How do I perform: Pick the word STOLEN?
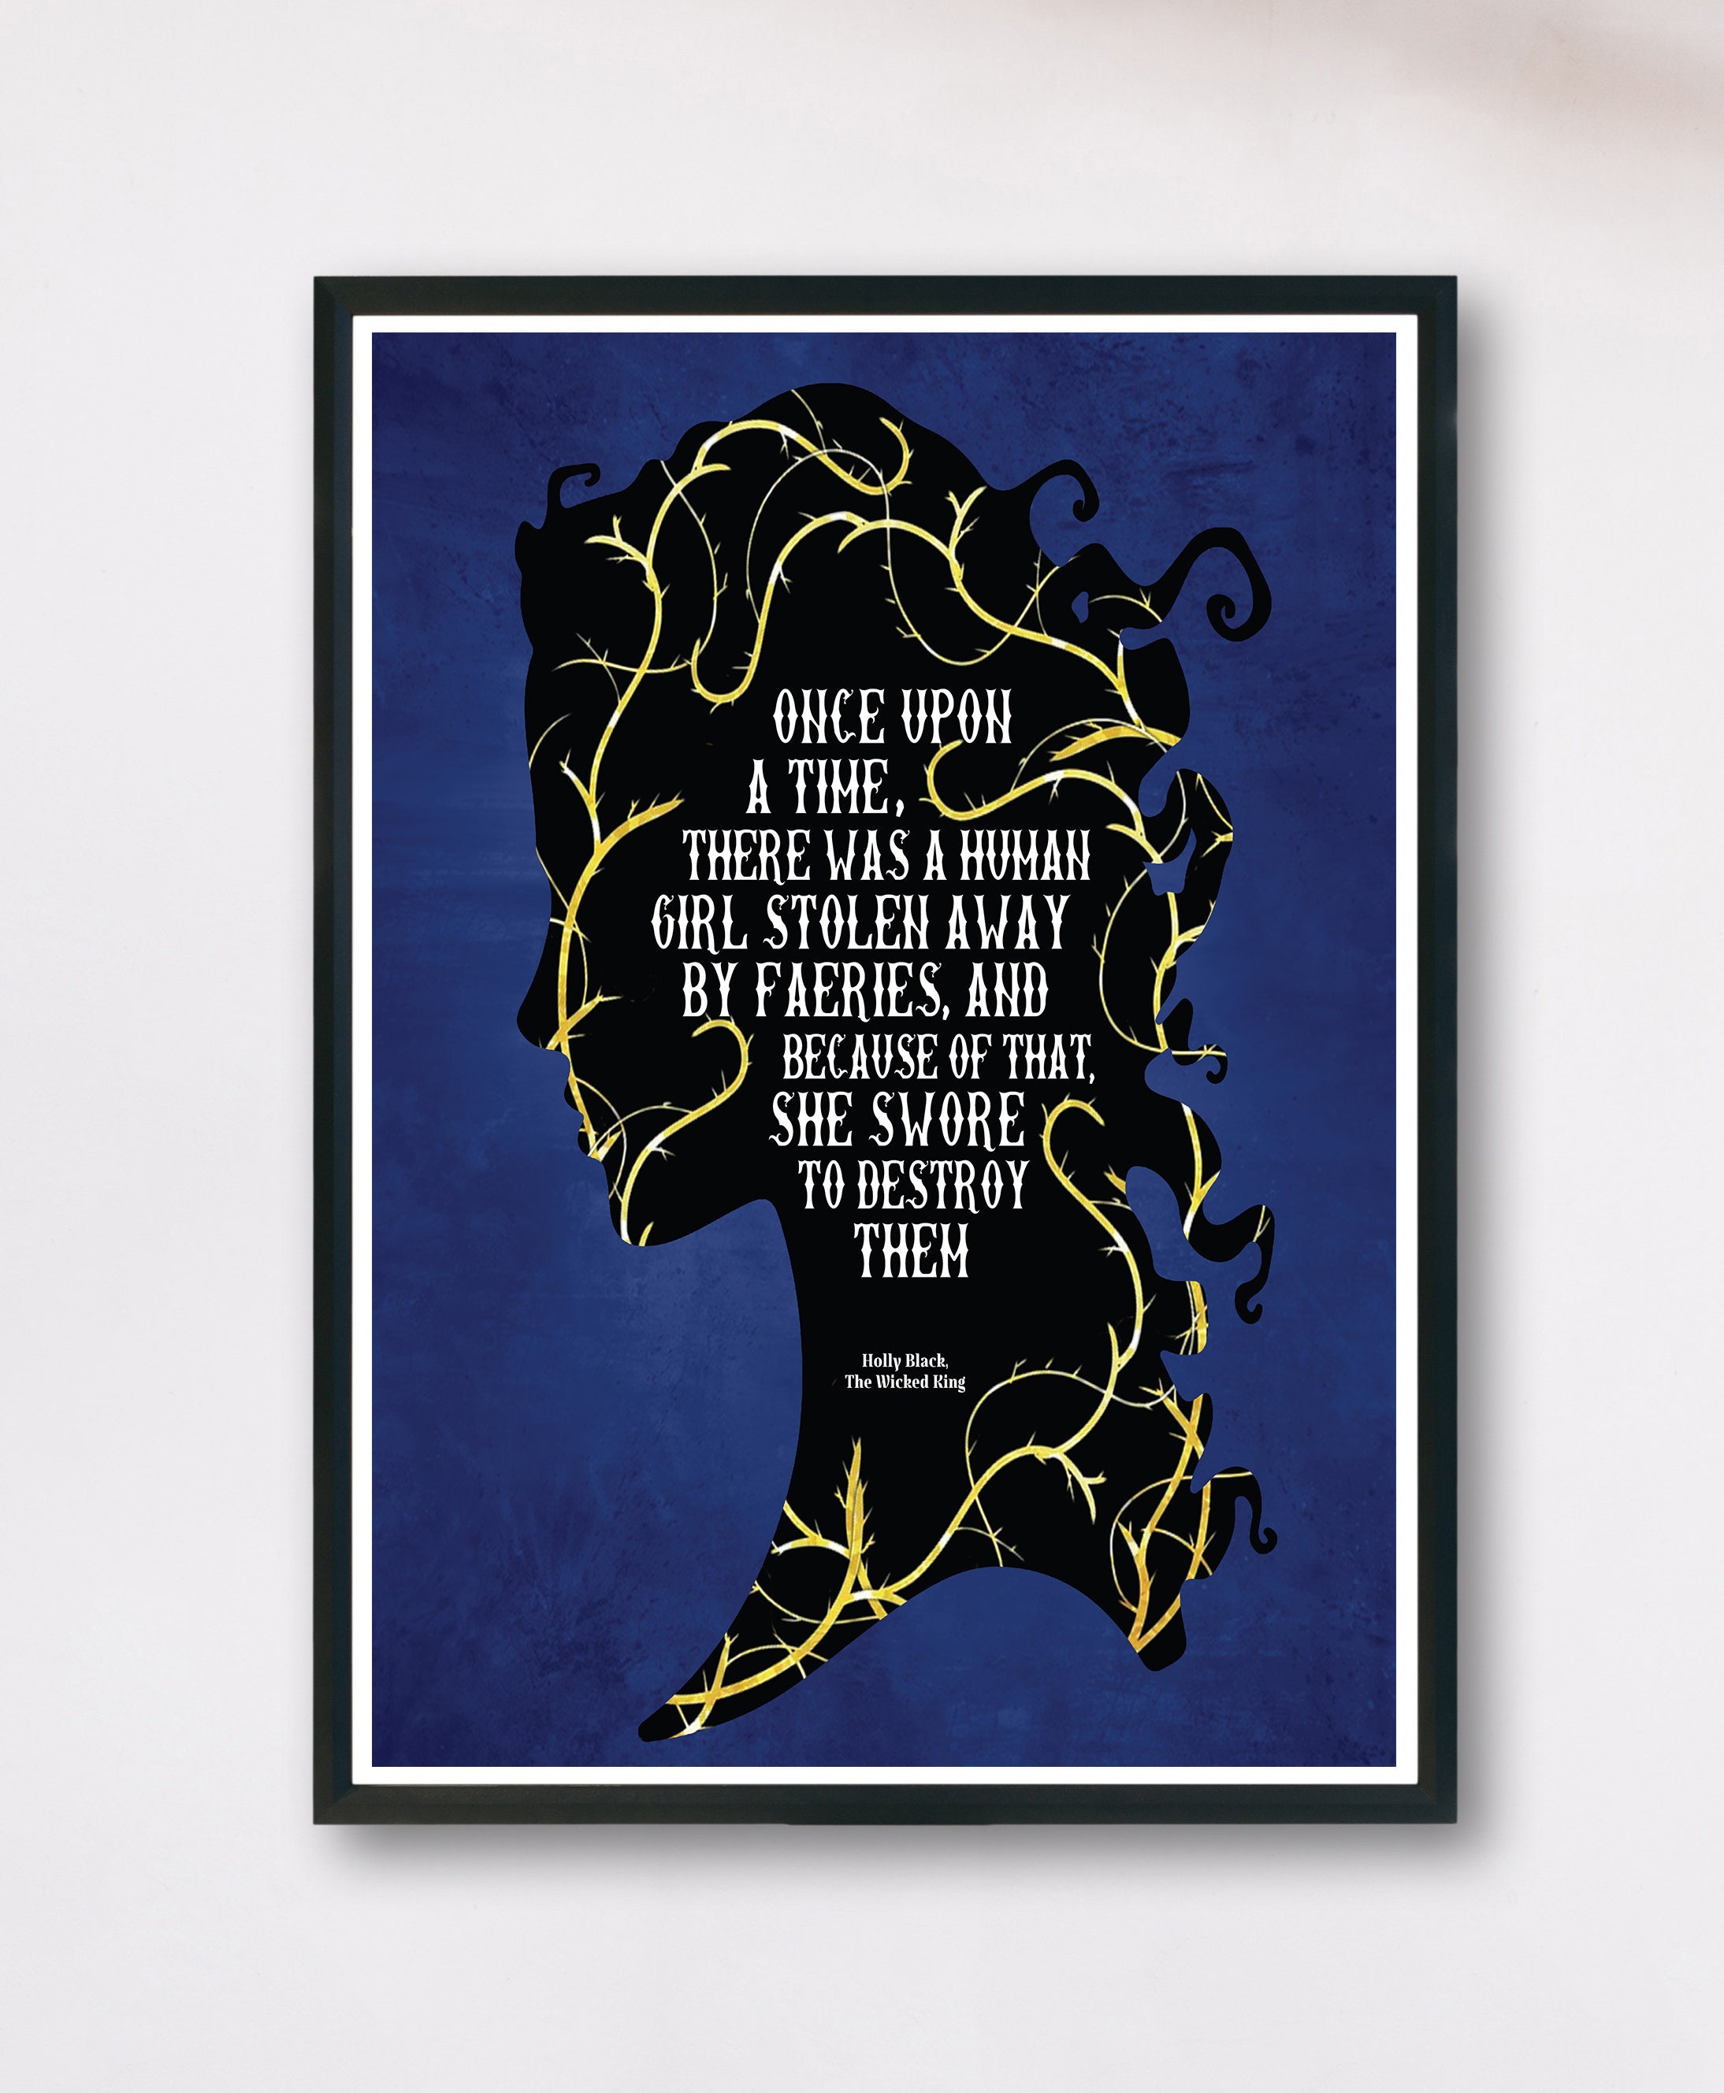click(x=846, y=923)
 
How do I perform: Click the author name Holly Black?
click(x=904, y=1361)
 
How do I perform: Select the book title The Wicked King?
click(x=904, y=1382)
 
